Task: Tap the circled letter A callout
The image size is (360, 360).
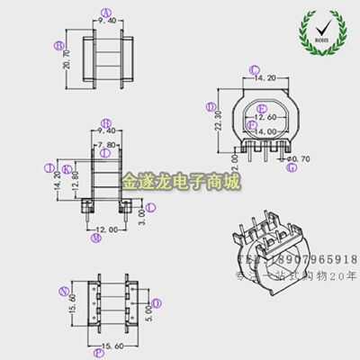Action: pyautogui.click(x=106, y=13)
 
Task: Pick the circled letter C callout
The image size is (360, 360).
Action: pyautogui.click(x=254, y=69)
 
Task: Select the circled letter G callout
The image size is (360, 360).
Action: pyautogui.click(x=291, y=167)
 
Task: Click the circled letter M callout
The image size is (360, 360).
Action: pyautogui.click(x=95, y=239)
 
